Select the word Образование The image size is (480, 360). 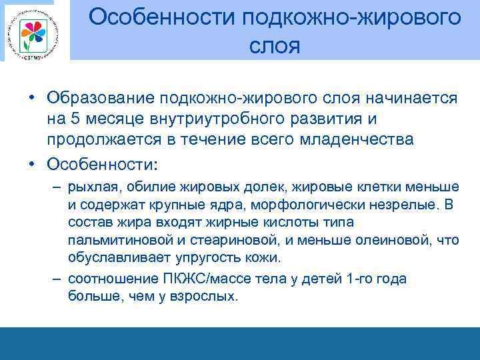[x=101, y=99]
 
